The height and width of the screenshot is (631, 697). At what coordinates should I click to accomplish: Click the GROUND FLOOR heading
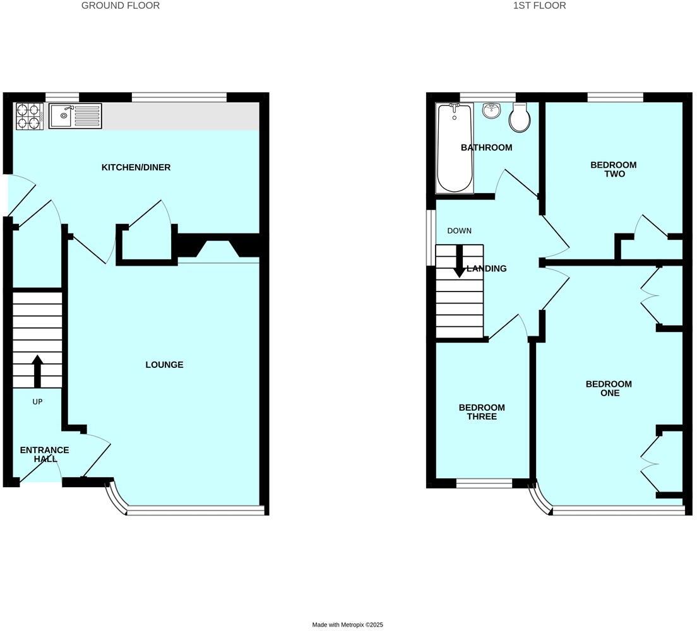[121, 6]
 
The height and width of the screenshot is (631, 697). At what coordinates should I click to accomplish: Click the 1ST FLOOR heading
[540, 6]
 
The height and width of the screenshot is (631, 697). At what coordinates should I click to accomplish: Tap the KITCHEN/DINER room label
[136, 167]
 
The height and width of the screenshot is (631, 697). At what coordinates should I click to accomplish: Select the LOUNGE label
[164, 365]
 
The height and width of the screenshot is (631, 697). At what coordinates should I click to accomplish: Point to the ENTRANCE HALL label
[44, 454]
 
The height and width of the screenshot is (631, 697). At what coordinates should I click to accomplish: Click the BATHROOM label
[486, 148]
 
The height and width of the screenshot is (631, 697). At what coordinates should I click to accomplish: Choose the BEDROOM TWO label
[613, 169]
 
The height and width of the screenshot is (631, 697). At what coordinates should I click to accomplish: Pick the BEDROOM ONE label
[609, 388]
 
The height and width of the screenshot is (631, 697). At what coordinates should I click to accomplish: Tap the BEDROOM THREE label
[482, 412]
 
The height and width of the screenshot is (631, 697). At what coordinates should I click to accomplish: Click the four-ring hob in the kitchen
[28, 116]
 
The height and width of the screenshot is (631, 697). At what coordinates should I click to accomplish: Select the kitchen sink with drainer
[76, 115]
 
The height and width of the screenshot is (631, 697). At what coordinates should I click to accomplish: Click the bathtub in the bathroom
[455, 148]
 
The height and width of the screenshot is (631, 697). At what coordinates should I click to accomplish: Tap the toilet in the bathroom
[520, 118]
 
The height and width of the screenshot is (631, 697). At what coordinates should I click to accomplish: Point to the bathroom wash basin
[491, 111]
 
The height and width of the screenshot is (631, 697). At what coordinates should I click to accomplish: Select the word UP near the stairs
[37, 401]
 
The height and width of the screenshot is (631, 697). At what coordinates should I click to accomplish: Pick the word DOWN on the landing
[459, 231]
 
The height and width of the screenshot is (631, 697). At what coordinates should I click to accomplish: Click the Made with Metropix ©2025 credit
[348, 625]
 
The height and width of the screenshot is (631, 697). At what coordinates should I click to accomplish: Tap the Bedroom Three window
[484, 483]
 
